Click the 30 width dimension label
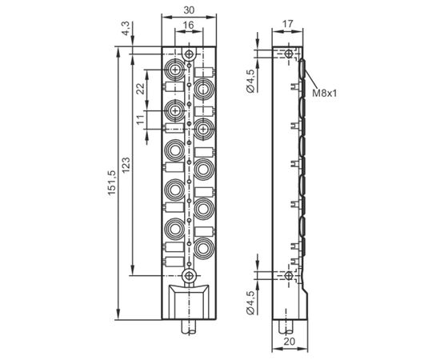pos(189,10)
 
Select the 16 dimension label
pos(188,25)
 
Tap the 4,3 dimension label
pos(126,28)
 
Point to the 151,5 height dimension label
pos(111,183)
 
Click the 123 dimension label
pos(126,165)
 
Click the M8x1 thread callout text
pos(324,93)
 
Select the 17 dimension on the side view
pos(287,24)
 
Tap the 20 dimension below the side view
pos(290,342)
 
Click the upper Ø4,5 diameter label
pos(250,81)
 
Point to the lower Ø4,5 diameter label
pos(250,302)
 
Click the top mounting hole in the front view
pos(189,54)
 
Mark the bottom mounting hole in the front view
pos(189,275)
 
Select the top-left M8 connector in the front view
pos(175,69)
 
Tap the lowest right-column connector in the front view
pos(204,248)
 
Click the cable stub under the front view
pos(189,327)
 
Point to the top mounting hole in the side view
pos(288,54)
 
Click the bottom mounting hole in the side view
pos(288,275)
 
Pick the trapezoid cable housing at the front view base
pos(189,302)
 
